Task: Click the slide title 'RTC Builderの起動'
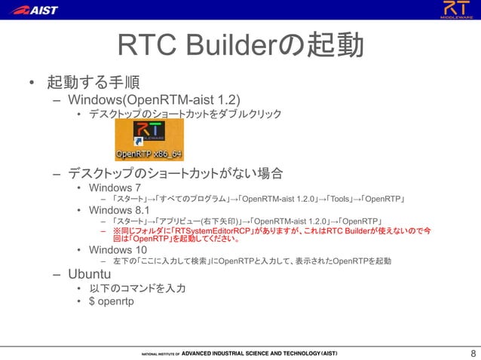pos(240,46)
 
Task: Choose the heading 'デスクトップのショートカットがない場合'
pos(175,174)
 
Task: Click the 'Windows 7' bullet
pos(115,188)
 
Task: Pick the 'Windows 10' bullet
pos(118,250)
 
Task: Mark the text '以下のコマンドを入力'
pos(137,288)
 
